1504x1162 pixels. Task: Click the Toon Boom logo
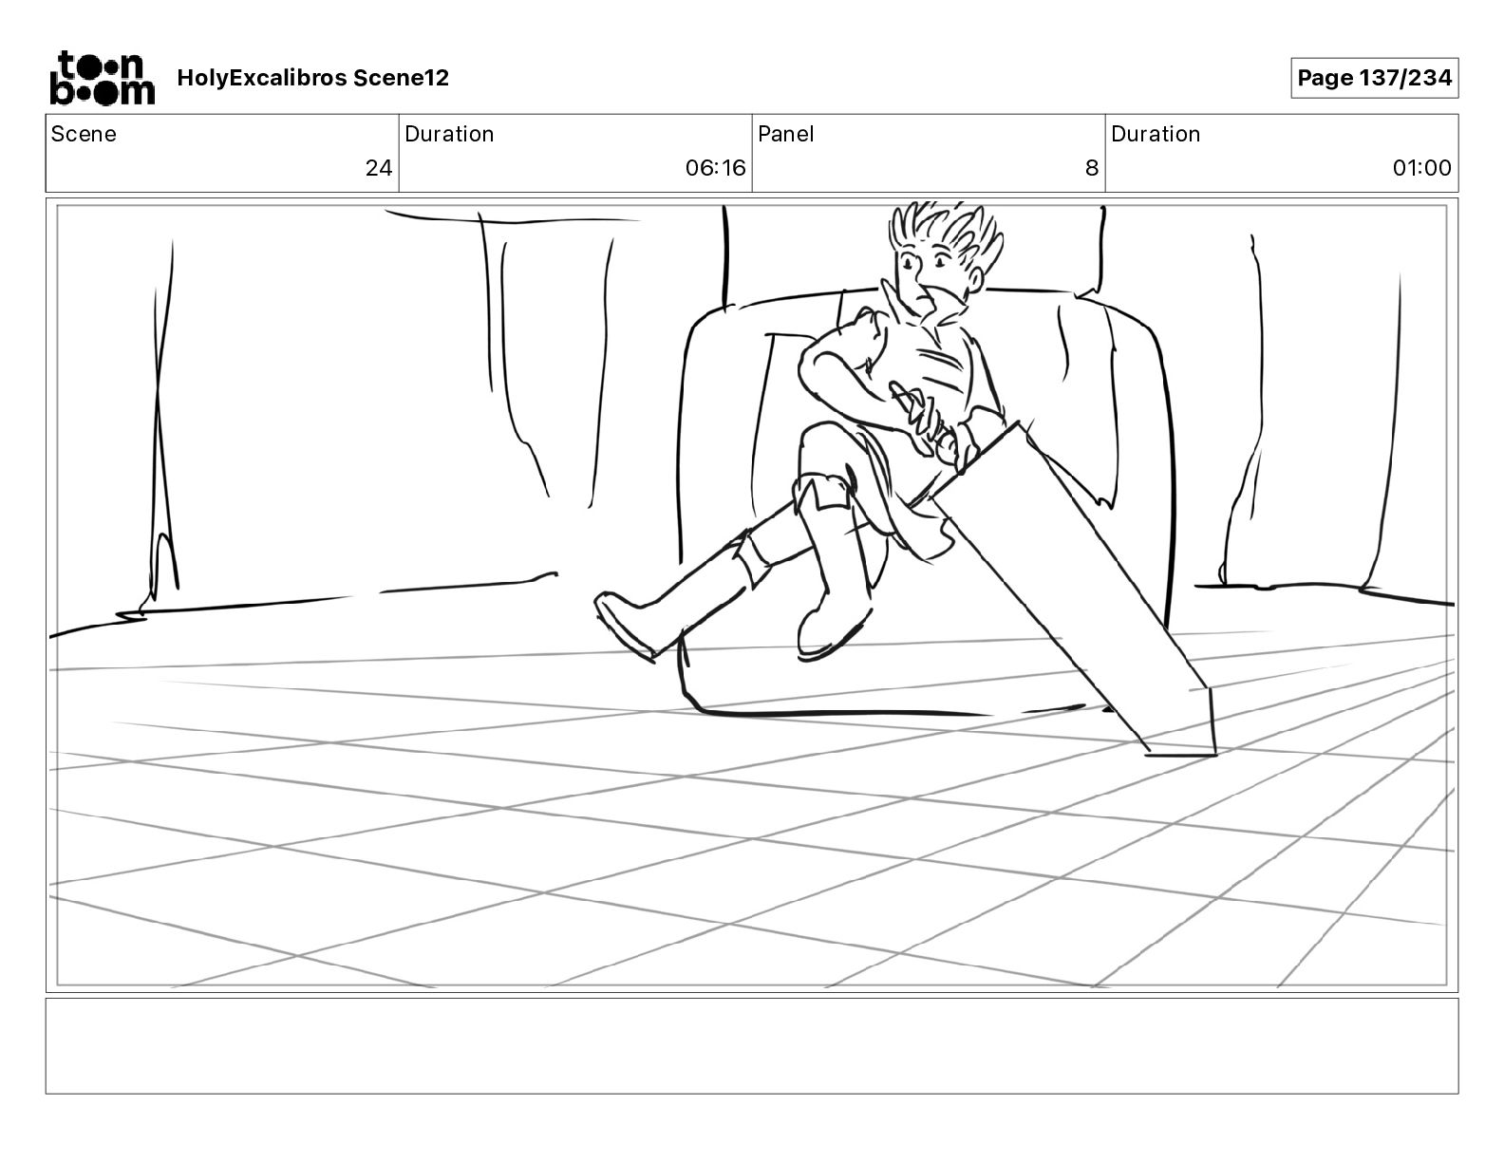pos(102,78)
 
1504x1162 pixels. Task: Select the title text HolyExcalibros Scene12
pos(312,78)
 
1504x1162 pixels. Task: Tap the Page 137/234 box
pos(1374,78)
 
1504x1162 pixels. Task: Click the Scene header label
pos(84,134)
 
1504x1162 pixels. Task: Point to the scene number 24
pos(378,168)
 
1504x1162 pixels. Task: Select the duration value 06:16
pos(715,168)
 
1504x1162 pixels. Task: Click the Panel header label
pos(785,134)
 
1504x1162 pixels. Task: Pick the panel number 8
pos(1091,168)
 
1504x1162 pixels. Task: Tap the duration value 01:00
pos(1421,168)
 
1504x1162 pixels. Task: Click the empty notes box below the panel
pos(751,1045)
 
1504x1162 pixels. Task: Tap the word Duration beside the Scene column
pos(449,134)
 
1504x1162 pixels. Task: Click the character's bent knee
pos(817,446)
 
